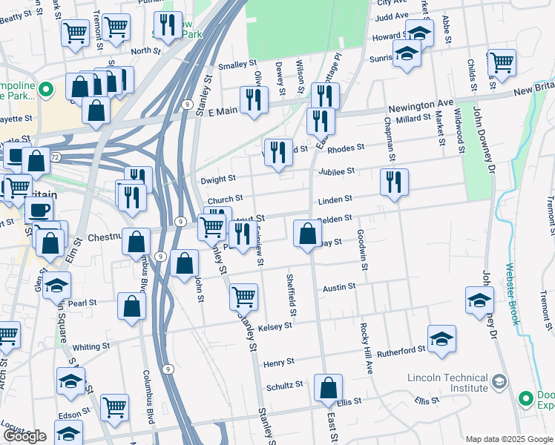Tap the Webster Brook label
512,294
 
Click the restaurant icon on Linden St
393,182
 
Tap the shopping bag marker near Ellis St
327,387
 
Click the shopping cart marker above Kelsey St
243,296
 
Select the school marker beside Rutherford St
442,337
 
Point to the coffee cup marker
39,209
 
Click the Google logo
24,436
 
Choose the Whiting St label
91,346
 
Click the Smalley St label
228,65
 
